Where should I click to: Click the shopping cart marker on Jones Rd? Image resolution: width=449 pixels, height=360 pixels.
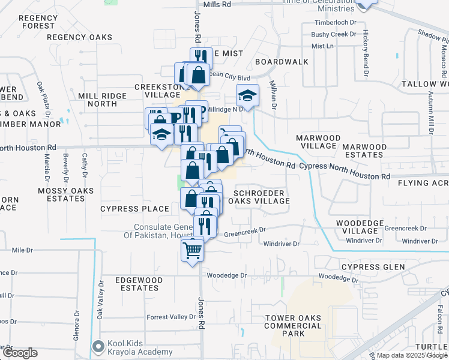click(x=192, y=249)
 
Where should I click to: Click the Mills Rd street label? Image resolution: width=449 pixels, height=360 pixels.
click(x=217, y=4)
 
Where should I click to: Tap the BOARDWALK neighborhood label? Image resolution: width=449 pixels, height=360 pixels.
click(x=282, y=62)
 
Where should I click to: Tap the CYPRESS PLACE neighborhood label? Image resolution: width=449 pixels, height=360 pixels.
click(x=134, y=209)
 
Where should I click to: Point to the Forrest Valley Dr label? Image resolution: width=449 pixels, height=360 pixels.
click(x=172, y=317)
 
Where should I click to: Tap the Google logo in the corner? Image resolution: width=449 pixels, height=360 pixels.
click(x=19, y=353)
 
